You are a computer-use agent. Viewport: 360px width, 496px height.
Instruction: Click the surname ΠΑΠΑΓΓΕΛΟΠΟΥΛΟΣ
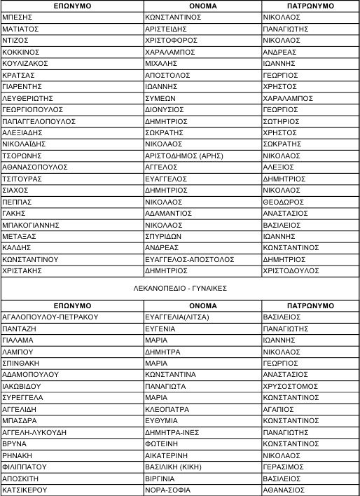pyautogui.click(x=39, y=120)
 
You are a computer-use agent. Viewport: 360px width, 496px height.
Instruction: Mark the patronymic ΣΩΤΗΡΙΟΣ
pyautogui.click(x=284, y=120)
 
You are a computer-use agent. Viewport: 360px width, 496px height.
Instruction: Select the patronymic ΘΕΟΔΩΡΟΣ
pyautogui.click(x=284, y=201)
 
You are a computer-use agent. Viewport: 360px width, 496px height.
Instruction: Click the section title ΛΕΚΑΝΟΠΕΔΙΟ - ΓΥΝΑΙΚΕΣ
pyautogui.click(x=180, y=288)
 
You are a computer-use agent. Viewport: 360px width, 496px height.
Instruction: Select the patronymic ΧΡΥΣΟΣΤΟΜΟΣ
pyautogui.click(x=291, y=386)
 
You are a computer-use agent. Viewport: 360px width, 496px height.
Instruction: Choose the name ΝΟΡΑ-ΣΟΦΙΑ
pyautogui.click(x=167, y=490)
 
